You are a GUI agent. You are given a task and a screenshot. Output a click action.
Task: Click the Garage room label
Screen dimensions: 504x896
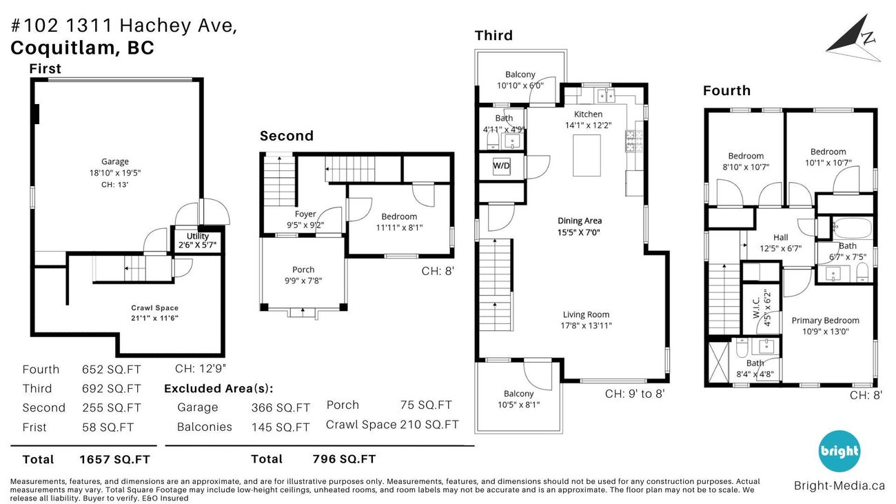(x=115, y=162)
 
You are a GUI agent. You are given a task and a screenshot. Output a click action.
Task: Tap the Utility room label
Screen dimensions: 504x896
(x=198, y=236)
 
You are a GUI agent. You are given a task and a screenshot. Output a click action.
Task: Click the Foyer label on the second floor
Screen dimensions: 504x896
(x=305, y=214)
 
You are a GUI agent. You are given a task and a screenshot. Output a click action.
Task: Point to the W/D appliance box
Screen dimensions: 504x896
(x=501, y=166)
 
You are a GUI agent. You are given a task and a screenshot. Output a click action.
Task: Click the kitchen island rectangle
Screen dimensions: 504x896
(x=587, y=155)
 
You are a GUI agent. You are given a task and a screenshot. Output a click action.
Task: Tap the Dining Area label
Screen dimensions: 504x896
(x=580, y=221)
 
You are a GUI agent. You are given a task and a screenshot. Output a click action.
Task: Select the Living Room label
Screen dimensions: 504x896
(x=587, y=314)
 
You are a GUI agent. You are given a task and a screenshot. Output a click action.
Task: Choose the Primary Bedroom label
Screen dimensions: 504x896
(x=825, y=320)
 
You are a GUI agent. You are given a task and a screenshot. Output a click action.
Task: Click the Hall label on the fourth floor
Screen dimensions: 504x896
(x=780, y=237)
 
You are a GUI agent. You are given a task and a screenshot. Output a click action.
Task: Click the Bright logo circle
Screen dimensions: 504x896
(x=839, y=452)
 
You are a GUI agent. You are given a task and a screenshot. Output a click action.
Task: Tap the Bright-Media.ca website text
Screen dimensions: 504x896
(x=839, y=485)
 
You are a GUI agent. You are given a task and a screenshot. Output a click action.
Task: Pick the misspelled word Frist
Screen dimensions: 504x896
(x=34, y=427)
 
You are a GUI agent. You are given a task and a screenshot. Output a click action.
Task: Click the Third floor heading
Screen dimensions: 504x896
(x=493, y=36)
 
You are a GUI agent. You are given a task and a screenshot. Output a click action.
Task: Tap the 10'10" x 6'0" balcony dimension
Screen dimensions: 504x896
(x=520, y=85)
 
